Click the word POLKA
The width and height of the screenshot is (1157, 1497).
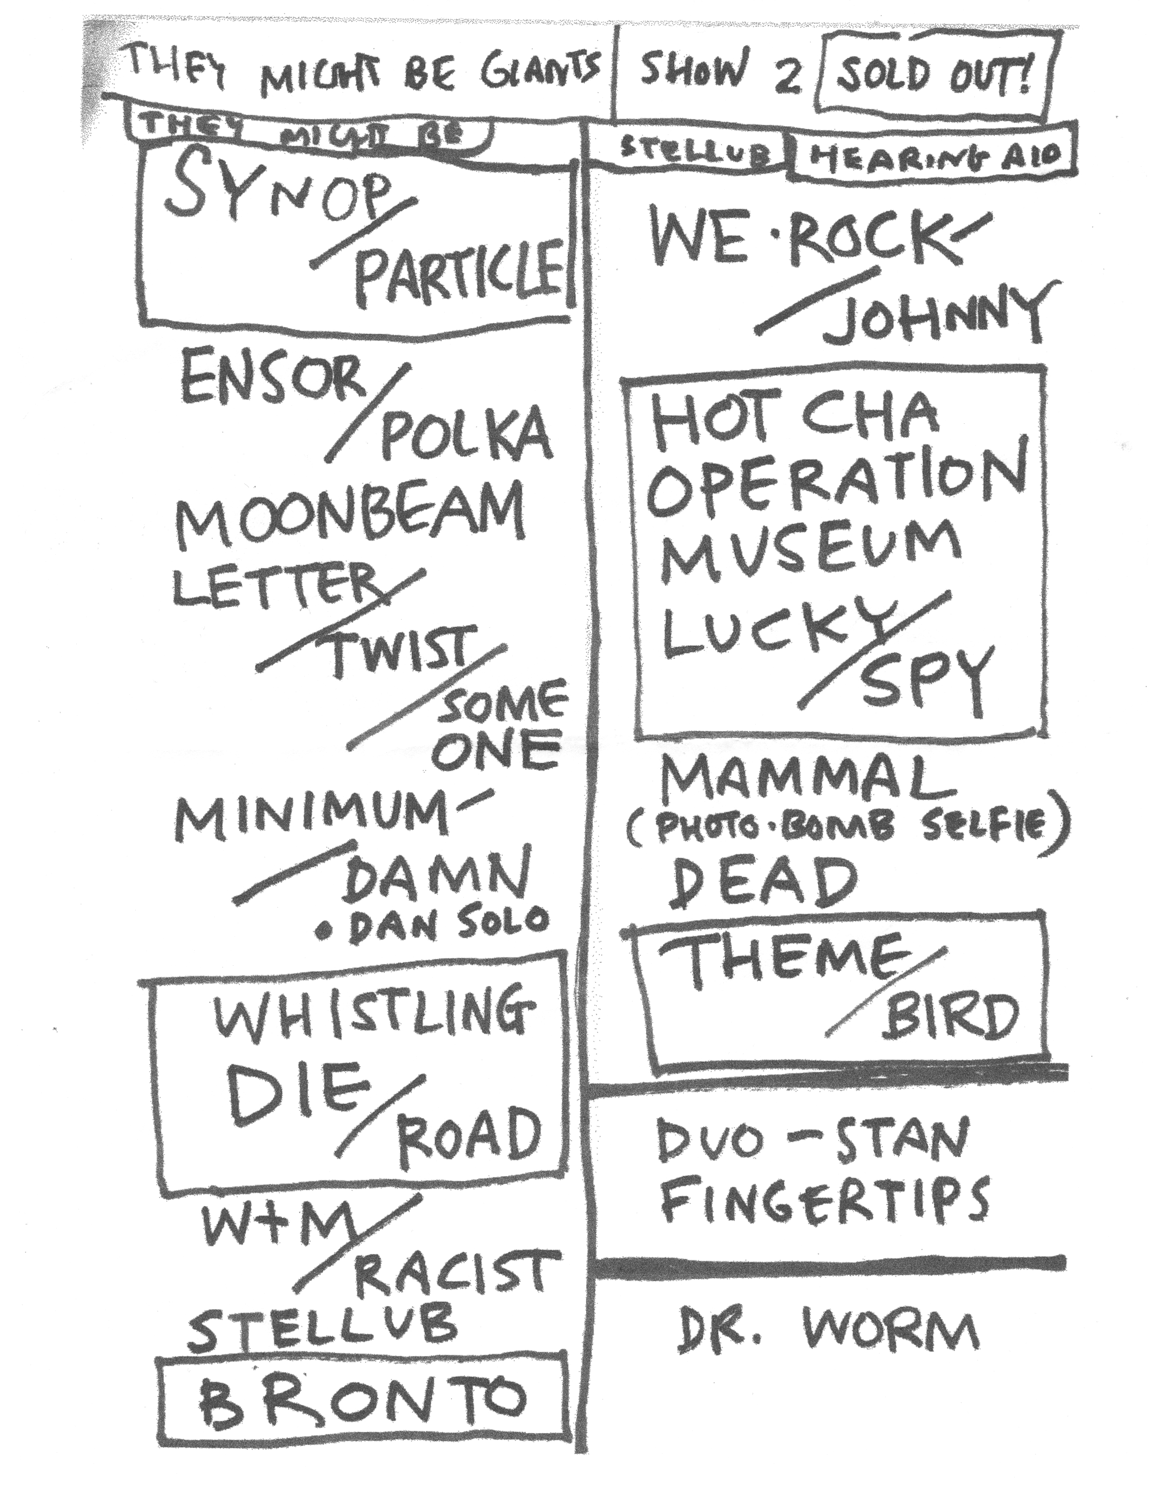tap(466, 434)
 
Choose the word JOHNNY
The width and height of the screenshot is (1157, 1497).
tap(936, 315)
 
